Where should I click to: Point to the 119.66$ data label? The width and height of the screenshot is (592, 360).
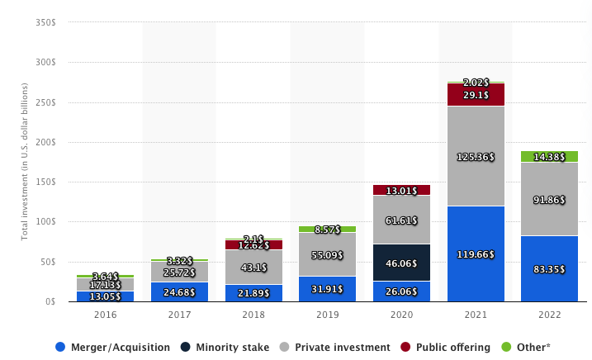click(476, 254)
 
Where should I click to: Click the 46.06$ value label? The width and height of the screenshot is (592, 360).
click(401, 263)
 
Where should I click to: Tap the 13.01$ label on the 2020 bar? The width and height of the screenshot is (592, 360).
click(401, 192)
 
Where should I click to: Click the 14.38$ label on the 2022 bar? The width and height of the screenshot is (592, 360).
click(550, 157)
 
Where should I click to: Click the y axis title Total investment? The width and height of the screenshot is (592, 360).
click(25, 162)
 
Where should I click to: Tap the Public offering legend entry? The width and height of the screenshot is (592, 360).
click(452, 348)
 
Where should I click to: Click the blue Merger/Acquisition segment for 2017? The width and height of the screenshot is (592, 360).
click(179, 291)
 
